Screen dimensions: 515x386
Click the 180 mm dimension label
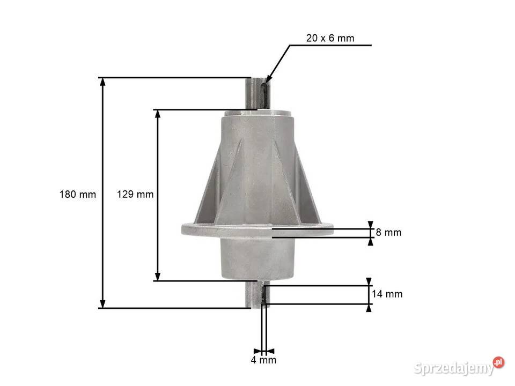(x=78, y=194)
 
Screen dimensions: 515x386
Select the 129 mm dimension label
(x=135, y=194)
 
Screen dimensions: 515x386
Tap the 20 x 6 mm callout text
(x=330, y=38)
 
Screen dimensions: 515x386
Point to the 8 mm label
(x=388, y=232)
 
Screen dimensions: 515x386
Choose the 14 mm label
(x=387, y=294)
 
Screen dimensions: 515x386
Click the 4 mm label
(x=263, y=360)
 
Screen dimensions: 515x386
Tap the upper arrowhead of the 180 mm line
(x=102, y=81)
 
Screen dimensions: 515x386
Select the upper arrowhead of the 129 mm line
(x=158, y=114)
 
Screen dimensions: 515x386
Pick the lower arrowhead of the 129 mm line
(x=158, y=277)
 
